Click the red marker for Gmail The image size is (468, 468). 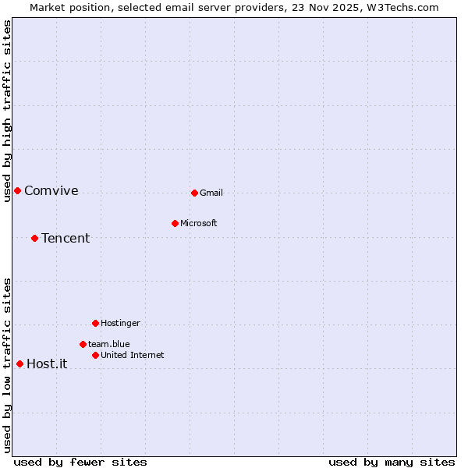coord(194,193)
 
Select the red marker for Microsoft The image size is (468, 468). coord(175,223)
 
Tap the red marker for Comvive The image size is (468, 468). coord(17,190)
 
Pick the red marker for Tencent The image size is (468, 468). coord(34,238)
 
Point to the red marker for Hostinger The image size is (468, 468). coord(95,323)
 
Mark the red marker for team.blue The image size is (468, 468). coord(83,344)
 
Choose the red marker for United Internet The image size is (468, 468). coord(95,355)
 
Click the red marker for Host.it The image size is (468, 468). coord(19,363)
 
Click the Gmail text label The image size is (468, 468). coord(211,193)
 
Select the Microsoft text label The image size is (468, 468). coord(199,223)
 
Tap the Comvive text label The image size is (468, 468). coord(51,190)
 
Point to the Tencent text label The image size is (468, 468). coord(66,238)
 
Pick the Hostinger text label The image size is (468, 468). coord(120,323)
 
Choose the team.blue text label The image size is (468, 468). coord(109,344)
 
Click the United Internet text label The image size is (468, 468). coord(133,355)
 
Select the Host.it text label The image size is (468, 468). coord(47,363)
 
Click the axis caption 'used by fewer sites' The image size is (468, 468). coord(80,462)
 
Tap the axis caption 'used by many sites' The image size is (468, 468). coord(392,462)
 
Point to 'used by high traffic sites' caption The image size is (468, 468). coord(7,111)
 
